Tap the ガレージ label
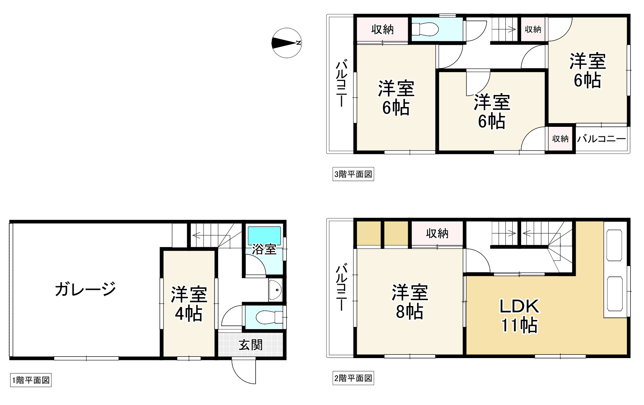85,289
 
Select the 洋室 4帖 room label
189,304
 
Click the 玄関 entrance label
251,345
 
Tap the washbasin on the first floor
275,291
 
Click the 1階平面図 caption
31,380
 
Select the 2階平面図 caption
353,378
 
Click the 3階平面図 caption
353,174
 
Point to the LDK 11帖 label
519,316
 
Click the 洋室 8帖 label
410,302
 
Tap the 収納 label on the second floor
437,233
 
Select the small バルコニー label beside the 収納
601,139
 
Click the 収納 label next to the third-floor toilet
383,29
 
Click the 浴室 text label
264,250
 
